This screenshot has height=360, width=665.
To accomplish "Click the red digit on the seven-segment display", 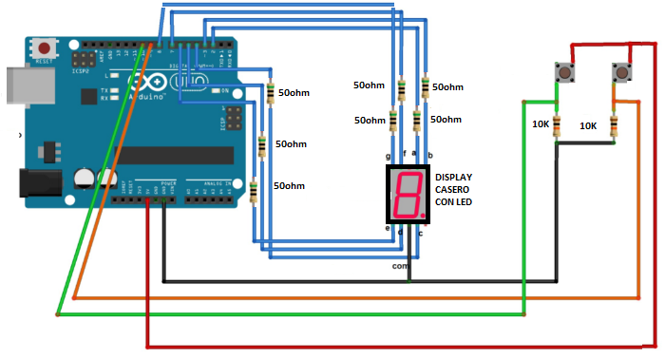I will [x=406, y=194].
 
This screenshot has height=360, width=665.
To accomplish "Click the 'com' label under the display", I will [x=400, y=266].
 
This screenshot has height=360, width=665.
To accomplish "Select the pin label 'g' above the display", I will [x=389, y=155].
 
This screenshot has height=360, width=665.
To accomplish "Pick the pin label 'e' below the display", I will [x=387, y=228].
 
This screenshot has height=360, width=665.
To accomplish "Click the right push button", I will [x=621, y=72].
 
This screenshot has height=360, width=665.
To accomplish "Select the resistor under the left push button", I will [x=556, y=124].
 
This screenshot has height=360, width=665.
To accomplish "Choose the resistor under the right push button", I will [x=615, y=124].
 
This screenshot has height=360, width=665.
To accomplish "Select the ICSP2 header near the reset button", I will [x=80, y=59].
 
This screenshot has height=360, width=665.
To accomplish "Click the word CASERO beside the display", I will [x=452, y=189].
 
